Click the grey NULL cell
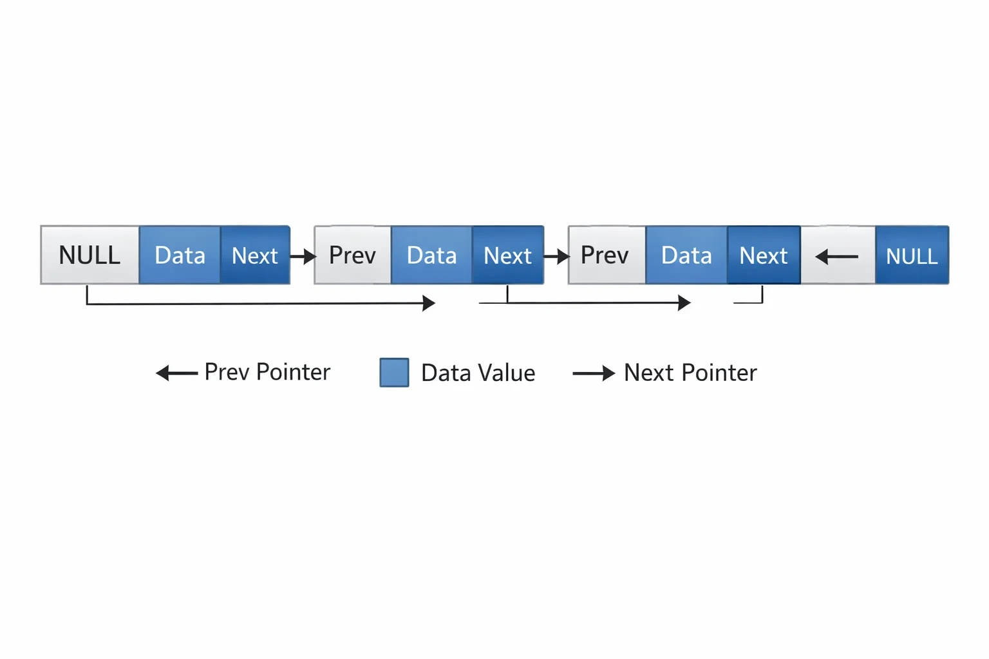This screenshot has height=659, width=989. [90, 255]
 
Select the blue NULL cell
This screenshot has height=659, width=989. [912, 255]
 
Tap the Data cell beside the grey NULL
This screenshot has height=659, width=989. [180, 255]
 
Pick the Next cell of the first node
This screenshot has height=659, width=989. [255, 255]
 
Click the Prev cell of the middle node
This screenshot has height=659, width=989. [353, 255]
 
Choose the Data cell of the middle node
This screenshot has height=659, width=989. [432, 255]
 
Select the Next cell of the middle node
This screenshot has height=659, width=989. [508, 255]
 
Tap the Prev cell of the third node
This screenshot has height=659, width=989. [607, 255]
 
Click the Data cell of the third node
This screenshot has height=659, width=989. [686, 255]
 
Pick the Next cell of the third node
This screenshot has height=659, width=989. [764, 255]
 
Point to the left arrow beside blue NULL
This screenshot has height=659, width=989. [836, 256]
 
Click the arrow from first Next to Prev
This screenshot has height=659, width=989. [303, 256]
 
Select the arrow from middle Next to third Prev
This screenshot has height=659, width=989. [556, 256]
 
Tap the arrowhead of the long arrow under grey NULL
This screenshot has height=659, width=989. [429, 303]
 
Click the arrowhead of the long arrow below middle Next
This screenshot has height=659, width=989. [684, 303]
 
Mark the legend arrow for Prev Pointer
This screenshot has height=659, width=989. [176, 373]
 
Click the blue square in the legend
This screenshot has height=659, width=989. [394, 373]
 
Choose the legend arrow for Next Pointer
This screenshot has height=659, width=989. [594, 373]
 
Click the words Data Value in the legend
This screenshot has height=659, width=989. [478, 373]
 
